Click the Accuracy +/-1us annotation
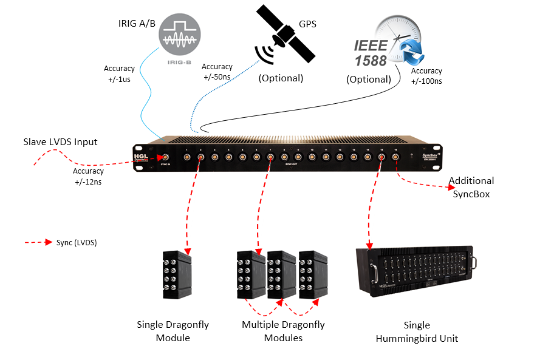[119, 73]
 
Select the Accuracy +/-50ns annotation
[217, 72]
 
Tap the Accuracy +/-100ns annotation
[426, 76]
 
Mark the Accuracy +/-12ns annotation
[88, 176]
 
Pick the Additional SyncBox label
[471, 186]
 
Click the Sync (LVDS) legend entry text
[77, 242]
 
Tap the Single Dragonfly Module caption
[173, 331]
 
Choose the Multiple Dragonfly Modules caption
[283, 331]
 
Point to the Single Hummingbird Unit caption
[417, 331]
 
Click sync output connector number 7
[270, 157]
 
